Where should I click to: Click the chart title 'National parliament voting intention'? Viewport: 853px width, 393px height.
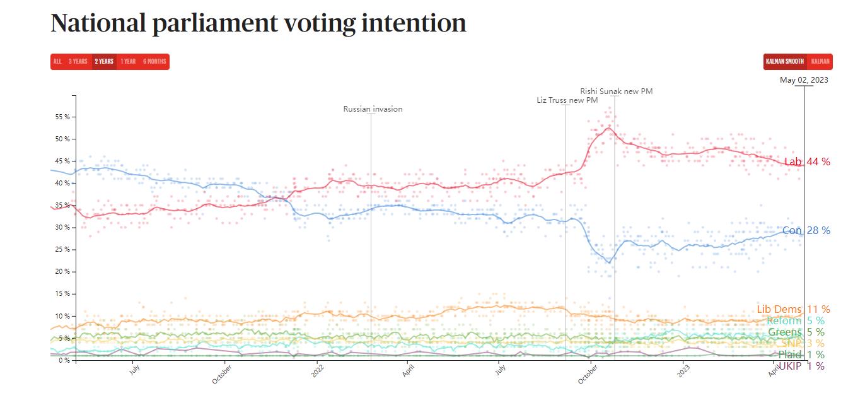click(x=258, y=24)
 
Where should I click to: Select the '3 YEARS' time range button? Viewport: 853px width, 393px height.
click(x=78, y=62)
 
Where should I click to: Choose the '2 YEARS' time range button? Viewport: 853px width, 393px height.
click(x=104, y=62)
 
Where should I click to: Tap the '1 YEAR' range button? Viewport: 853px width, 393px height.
click(x=128, y=62)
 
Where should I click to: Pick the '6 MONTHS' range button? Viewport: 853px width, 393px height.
click(x=154, y=62)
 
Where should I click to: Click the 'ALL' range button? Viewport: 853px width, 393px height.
click(x=57, y=62)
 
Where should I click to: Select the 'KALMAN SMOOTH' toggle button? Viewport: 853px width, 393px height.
click(x=784, y=62)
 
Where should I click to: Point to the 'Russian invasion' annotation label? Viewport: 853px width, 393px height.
click(x=373, y=109)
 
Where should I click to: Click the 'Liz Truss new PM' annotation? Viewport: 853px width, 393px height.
click(x=567, y=100)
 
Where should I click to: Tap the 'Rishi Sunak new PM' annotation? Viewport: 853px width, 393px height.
click(x=616, y=91)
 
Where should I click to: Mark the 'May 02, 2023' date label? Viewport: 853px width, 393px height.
click(x=804, y=80)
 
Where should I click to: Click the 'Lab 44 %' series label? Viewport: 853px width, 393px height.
click(x=807, y=162)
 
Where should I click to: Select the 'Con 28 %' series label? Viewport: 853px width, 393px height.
click(x=806, y=231)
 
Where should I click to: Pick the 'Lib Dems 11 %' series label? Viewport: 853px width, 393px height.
click(x=793, y=310)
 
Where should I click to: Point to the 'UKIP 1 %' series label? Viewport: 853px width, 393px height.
click(x=801, y=367)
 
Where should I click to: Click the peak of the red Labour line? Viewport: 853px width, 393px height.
click(x=608, y=128)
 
